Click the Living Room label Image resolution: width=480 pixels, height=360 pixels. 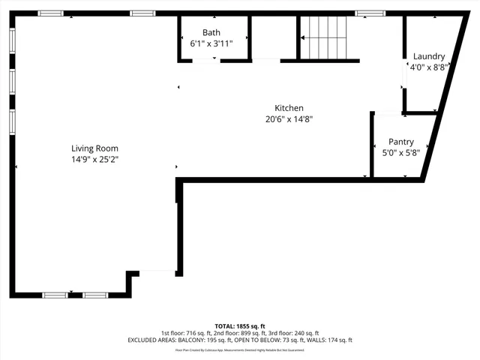94,148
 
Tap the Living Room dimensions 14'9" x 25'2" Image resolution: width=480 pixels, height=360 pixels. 94,159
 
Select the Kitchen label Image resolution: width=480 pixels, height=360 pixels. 289,108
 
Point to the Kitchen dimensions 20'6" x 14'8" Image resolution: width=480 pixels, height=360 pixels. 289,118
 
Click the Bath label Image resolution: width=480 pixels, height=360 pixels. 211,32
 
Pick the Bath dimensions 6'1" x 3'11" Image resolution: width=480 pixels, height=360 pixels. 211,43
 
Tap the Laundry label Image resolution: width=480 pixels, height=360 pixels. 429,56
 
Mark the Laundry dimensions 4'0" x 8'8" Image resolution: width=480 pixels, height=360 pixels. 429,67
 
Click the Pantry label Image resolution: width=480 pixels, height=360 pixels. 401,142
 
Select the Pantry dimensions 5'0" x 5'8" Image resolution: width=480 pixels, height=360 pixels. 401,152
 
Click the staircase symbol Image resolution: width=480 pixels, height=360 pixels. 324,36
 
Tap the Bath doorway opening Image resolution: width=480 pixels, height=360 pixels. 206,61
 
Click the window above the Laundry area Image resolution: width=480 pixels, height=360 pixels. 370,13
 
